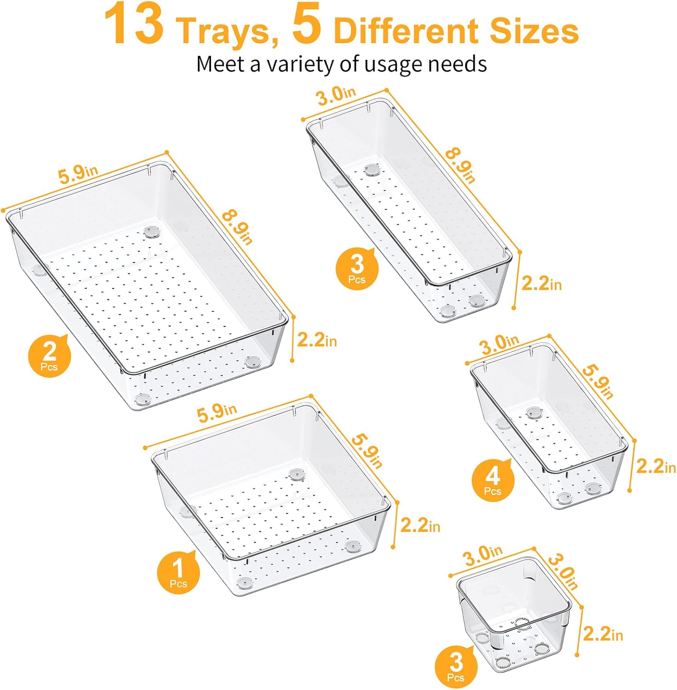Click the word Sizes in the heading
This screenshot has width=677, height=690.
[x=534, y=31]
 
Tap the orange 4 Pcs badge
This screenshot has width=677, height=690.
[x=493, y=480]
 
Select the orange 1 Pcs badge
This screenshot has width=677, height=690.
[x=178, y=571]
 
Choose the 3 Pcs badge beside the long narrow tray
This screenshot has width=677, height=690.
[x=357, y=269]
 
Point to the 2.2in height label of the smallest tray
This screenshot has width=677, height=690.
[x=603, y=635]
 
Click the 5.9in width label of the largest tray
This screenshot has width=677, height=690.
[x=78, y=173]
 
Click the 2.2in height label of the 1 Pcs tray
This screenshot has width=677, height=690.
[x=420, y=525]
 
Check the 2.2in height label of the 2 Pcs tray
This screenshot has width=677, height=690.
[x=317, y=340]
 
